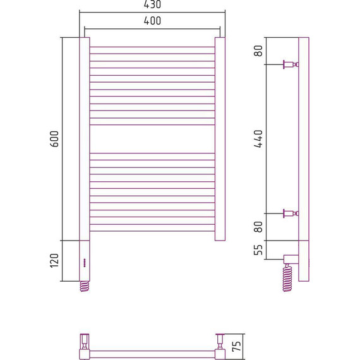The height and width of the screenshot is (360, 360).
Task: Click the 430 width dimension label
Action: [152, 4]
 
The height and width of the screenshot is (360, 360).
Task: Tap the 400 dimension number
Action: [152, 21]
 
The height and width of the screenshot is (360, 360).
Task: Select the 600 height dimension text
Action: [55, 139]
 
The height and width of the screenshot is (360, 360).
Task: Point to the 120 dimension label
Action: [55, 261]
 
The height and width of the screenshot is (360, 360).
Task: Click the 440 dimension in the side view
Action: [258, 139]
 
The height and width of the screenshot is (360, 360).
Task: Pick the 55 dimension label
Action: [258, 250]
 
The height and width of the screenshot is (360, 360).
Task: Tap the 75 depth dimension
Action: [237, 346]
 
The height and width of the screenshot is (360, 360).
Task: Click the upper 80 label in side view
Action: [258, 51]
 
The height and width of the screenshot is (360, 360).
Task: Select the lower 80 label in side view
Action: [258, 227]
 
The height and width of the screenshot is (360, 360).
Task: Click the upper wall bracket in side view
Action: [291, 64]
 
